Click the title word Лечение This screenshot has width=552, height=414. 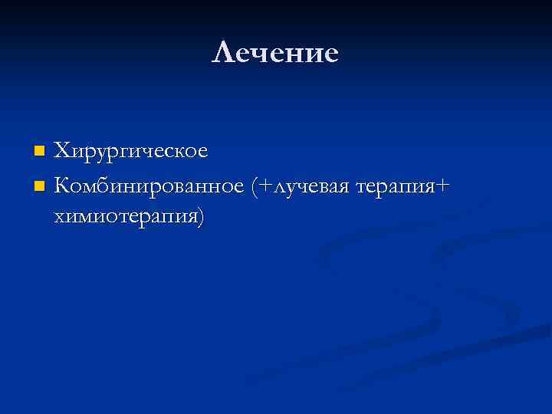pos(275,53)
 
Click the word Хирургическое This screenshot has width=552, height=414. pos(131,151)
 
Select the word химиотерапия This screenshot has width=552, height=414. pos(125,217)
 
